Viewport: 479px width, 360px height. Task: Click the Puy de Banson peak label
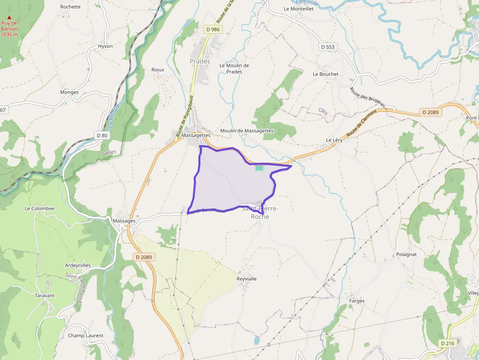9,29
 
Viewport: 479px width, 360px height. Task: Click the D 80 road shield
102,135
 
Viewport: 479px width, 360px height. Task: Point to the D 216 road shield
447,343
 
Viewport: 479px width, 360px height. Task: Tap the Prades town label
200,62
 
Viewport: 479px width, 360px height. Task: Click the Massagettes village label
196,135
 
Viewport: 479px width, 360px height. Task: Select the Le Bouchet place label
326,74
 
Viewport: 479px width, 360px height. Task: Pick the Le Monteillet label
299,9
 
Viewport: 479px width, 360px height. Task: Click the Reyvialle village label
247,279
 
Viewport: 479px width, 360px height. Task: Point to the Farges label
357,301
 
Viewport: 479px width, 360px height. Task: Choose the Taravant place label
45,296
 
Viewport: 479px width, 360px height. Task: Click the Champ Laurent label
86,336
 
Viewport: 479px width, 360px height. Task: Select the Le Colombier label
40,209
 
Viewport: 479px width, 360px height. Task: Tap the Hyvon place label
105,46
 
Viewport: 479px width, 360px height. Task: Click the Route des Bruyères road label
368,98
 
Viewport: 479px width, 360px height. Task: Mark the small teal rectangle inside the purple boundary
259,168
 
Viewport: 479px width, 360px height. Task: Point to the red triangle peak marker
9,18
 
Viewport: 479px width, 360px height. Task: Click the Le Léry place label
334,140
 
